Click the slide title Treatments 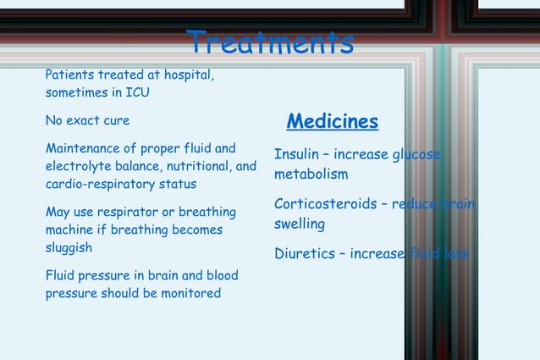click(x=269, y=42)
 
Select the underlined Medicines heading click(x=332, y=121)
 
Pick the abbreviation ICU click(x=137, y=92)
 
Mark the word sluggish click(x=69, y=248)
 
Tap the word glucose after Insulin click(x=416, y=155)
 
